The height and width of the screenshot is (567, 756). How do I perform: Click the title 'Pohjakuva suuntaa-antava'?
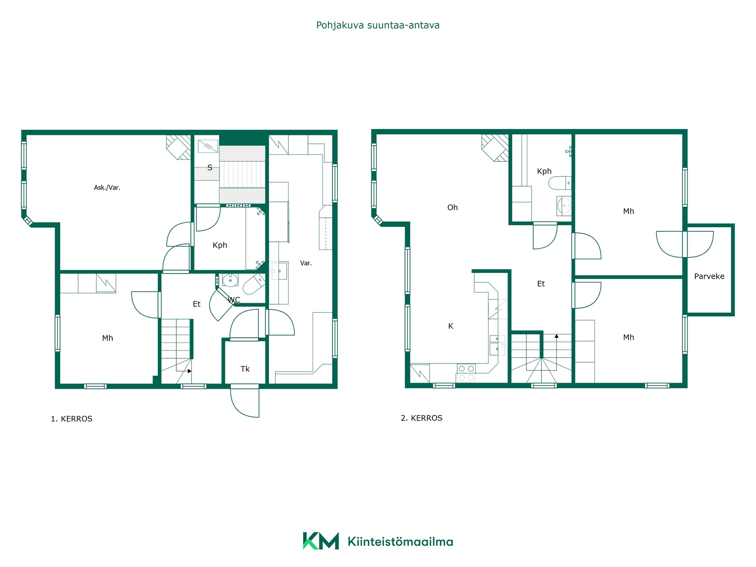378,25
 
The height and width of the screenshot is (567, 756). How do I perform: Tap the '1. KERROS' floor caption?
72,419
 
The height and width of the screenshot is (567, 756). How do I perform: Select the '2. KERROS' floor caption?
421,418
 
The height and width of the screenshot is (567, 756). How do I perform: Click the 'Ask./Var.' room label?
107,188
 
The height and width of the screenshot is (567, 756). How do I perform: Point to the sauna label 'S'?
210,168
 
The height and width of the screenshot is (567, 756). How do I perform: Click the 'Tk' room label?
245,369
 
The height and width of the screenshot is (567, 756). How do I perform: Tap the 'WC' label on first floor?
234,300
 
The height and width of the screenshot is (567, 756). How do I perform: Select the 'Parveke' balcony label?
709,276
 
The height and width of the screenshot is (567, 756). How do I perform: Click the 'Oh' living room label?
452,208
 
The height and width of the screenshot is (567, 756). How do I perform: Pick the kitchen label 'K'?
451,326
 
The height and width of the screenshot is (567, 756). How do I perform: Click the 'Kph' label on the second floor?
544,172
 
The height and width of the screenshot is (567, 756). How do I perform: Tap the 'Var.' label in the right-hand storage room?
306,263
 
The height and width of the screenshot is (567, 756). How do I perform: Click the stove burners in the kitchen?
466,373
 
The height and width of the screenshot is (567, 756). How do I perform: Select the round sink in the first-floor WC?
230,280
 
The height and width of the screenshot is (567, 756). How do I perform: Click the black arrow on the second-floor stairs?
557,336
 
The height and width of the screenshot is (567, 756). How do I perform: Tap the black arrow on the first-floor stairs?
189,371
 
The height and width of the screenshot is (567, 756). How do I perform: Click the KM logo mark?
321,541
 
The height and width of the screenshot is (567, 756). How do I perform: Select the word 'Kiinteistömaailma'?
400,542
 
